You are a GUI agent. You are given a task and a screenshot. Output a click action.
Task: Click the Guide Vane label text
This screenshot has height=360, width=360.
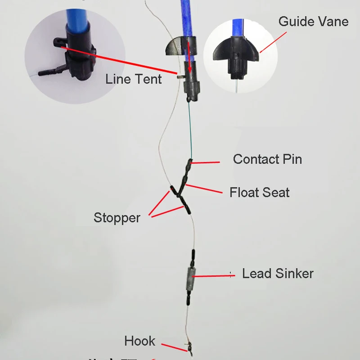click(x=313, y=21)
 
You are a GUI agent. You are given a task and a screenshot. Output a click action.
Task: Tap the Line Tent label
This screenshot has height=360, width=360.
click(x=134, y=79)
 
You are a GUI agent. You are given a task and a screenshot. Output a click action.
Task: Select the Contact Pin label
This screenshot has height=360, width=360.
click(x=267, y=159)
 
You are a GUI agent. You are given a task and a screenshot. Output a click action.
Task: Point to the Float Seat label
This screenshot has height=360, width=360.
click(x=259, y=193)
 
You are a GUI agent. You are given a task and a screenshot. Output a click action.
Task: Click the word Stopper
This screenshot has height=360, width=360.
click(x=117, y=218)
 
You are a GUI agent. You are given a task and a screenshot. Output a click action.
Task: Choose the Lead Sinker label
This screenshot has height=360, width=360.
click(x=278, y=273)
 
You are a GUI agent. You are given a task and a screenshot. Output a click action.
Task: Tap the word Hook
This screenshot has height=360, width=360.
click(x=139, y=341)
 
